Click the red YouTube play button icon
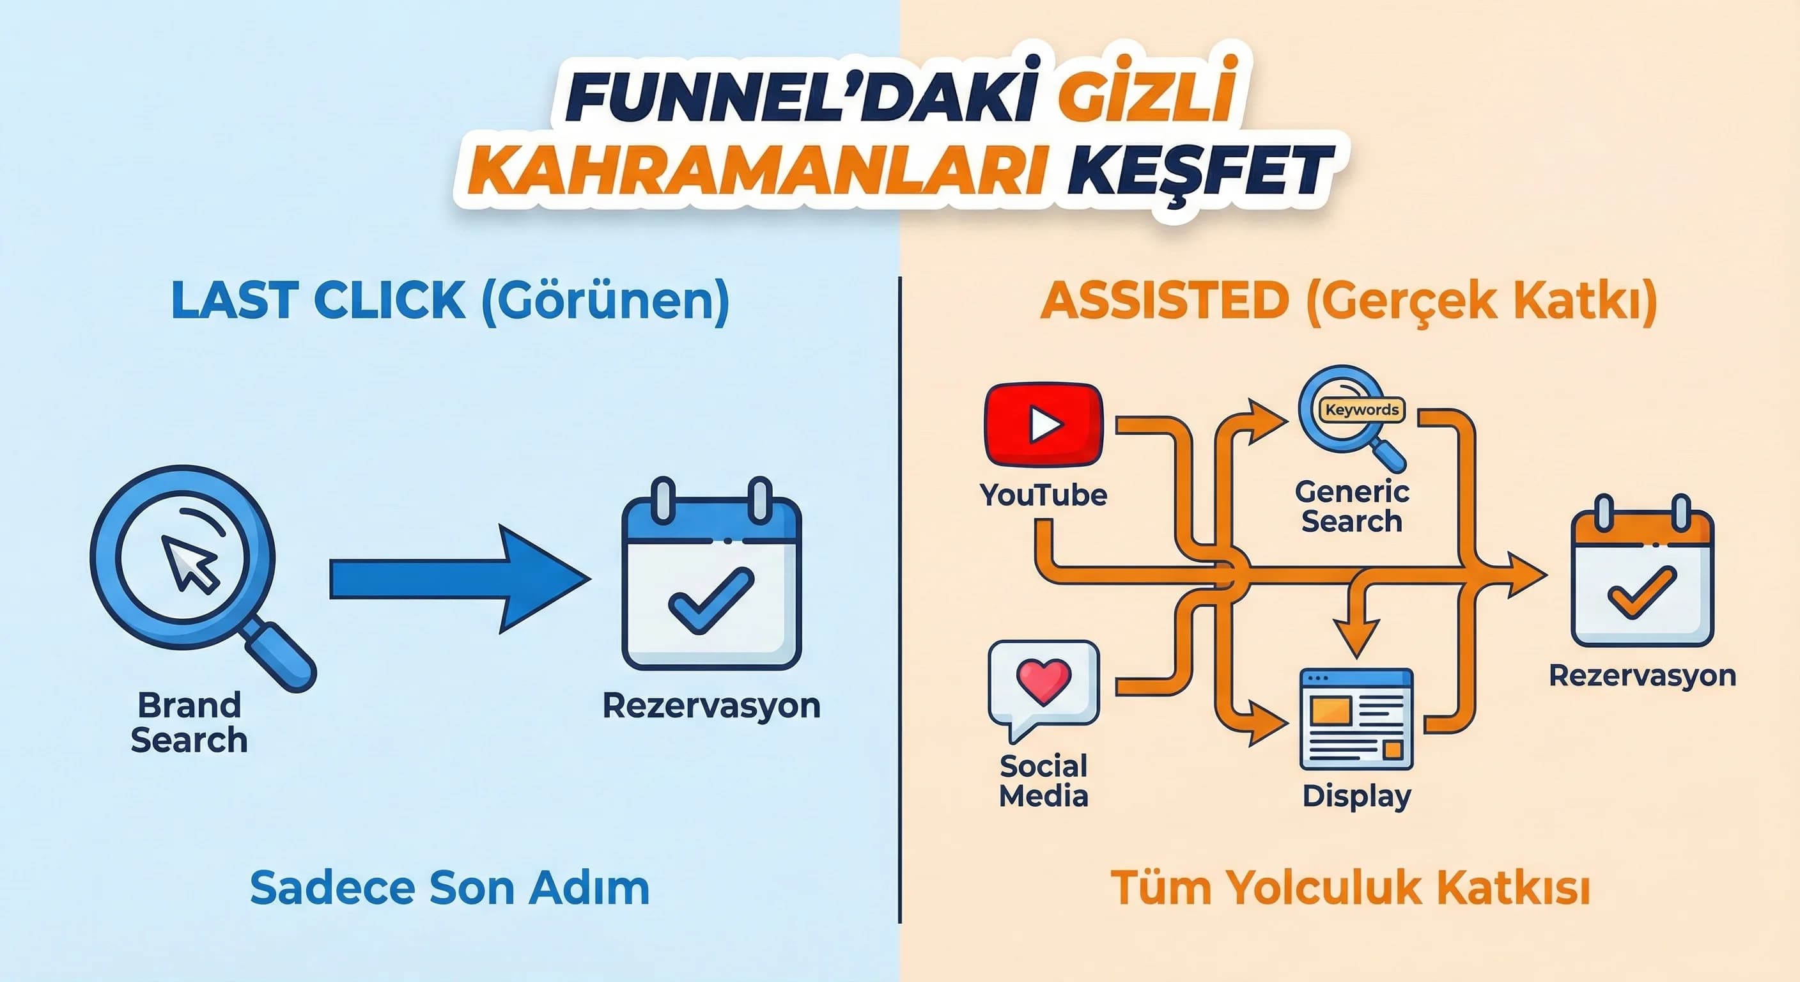tap(1043, 425)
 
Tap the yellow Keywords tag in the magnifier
tap(1362, 410)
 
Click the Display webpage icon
tap(1356, 719)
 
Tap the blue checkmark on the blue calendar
tap(711, 599)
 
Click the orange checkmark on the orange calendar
tap(1641, 593)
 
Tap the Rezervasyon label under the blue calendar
tap(711, 706)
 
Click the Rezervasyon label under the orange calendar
tap(1642, 676)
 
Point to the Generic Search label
tap(1351, 507)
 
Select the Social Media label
tap(1043, 781)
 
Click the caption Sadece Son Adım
tap(449, 887)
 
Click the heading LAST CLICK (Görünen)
tap(450, 300)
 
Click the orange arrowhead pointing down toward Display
tap(1356, 636)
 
